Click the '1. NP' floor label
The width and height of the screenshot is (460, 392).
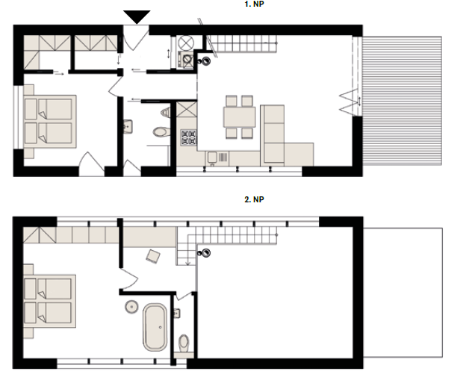click(254, 4)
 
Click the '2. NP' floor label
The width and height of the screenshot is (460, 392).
click(254, 199)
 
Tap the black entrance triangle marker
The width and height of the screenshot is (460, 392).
click(137, 16)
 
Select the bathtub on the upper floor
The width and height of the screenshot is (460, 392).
click(155, 327)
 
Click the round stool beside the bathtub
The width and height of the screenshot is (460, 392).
click(131, 307)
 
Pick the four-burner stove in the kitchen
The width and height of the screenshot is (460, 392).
click(189, 137)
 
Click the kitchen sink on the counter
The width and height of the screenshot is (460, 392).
click(212, 158)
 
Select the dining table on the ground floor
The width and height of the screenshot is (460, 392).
click(240, 117)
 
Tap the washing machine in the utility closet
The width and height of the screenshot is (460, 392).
click(186, 59)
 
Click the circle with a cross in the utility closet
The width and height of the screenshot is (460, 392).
click(186, 43)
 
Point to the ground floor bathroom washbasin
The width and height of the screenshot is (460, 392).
click(128, 126)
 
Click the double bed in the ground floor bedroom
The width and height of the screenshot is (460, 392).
click(50, 121)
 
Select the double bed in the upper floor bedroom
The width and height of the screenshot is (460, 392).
click(49, 301)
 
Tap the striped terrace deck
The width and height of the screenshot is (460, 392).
click(402, 101)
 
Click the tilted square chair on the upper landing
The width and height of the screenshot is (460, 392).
click(153, 256)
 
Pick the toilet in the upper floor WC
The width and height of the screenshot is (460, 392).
click(184, 343)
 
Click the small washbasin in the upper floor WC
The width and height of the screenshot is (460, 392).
click(176, 314)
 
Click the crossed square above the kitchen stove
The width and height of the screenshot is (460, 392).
click(187, 109)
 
